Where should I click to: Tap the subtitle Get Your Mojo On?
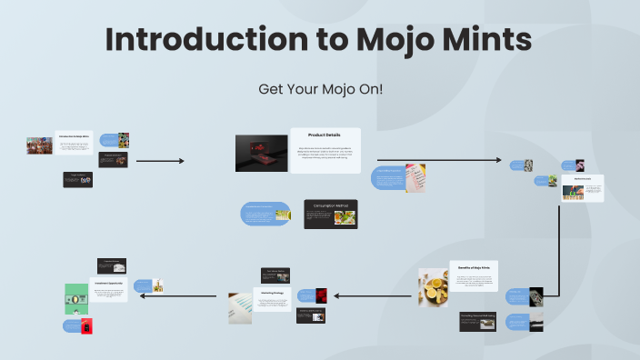(x=320, y=89)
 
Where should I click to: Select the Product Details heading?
(x=325, y=135)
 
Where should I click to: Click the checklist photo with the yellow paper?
(x=415, y=176)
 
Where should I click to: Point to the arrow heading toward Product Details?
(x=160, y=161)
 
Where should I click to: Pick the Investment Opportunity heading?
(x=108, y=283)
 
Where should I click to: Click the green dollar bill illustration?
(x=76, y=297)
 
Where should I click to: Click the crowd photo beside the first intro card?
(x=40, y=145)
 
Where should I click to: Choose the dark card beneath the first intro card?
(x=77, y=179)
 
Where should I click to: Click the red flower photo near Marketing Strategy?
(x=320, y=295)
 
